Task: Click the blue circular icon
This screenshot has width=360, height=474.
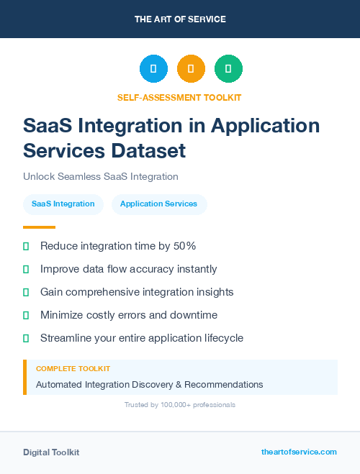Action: click(x=153, y=69)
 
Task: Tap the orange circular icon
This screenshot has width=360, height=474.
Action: click(x=191, y=69)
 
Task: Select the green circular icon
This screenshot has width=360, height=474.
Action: click(x=228, y=69)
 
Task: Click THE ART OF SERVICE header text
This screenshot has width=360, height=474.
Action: click(x=180, y=19)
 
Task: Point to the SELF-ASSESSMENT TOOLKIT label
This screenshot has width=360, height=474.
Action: click(x=179, y=97)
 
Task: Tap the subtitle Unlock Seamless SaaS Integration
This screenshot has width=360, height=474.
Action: click(x=101, y=176)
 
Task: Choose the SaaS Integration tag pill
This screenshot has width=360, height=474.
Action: click(x=63, y=204)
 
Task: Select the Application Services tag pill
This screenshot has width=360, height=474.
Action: click(x=158, y=204)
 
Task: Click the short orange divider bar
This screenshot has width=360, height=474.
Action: click(x=34, y=227)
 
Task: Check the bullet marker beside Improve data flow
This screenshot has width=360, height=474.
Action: click(x=26, y=269)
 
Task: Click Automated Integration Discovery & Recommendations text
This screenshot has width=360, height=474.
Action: click(x=149, y=385)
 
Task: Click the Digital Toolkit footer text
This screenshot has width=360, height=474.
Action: click(x=51, y=452)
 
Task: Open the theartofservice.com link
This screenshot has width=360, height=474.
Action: click(x=299, y=452)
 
